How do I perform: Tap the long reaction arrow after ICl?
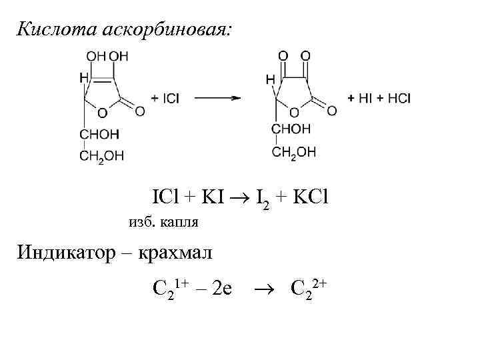tap(217, 98)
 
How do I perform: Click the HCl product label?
tap(399, 98)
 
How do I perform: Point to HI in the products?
tap(365, 98)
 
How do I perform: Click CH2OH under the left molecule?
tap(101, 156)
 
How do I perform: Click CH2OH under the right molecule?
tap(293, 152)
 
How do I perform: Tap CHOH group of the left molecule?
tap(99, 134)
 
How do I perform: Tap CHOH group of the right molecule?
tap(291, 128)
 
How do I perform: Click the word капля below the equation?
tap(179, 221)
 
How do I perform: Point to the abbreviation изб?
tap(139, 221)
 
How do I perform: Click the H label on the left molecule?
tap(83, 78)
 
